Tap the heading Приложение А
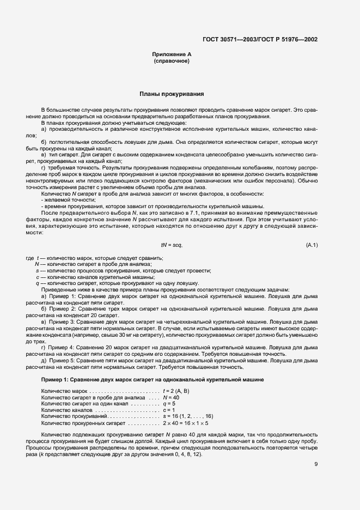[171, 55]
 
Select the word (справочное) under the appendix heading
[171, 61]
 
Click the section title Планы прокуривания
[172, 94]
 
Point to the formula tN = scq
[172, 245]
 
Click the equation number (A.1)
[312, 245]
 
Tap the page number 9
[316, 464]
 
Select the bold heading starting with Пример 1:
[153, 379]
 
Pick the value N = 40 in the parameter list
[171, 398]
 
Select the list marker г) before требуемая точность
[44, 168]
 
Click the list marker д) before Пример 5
[44, 360]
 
